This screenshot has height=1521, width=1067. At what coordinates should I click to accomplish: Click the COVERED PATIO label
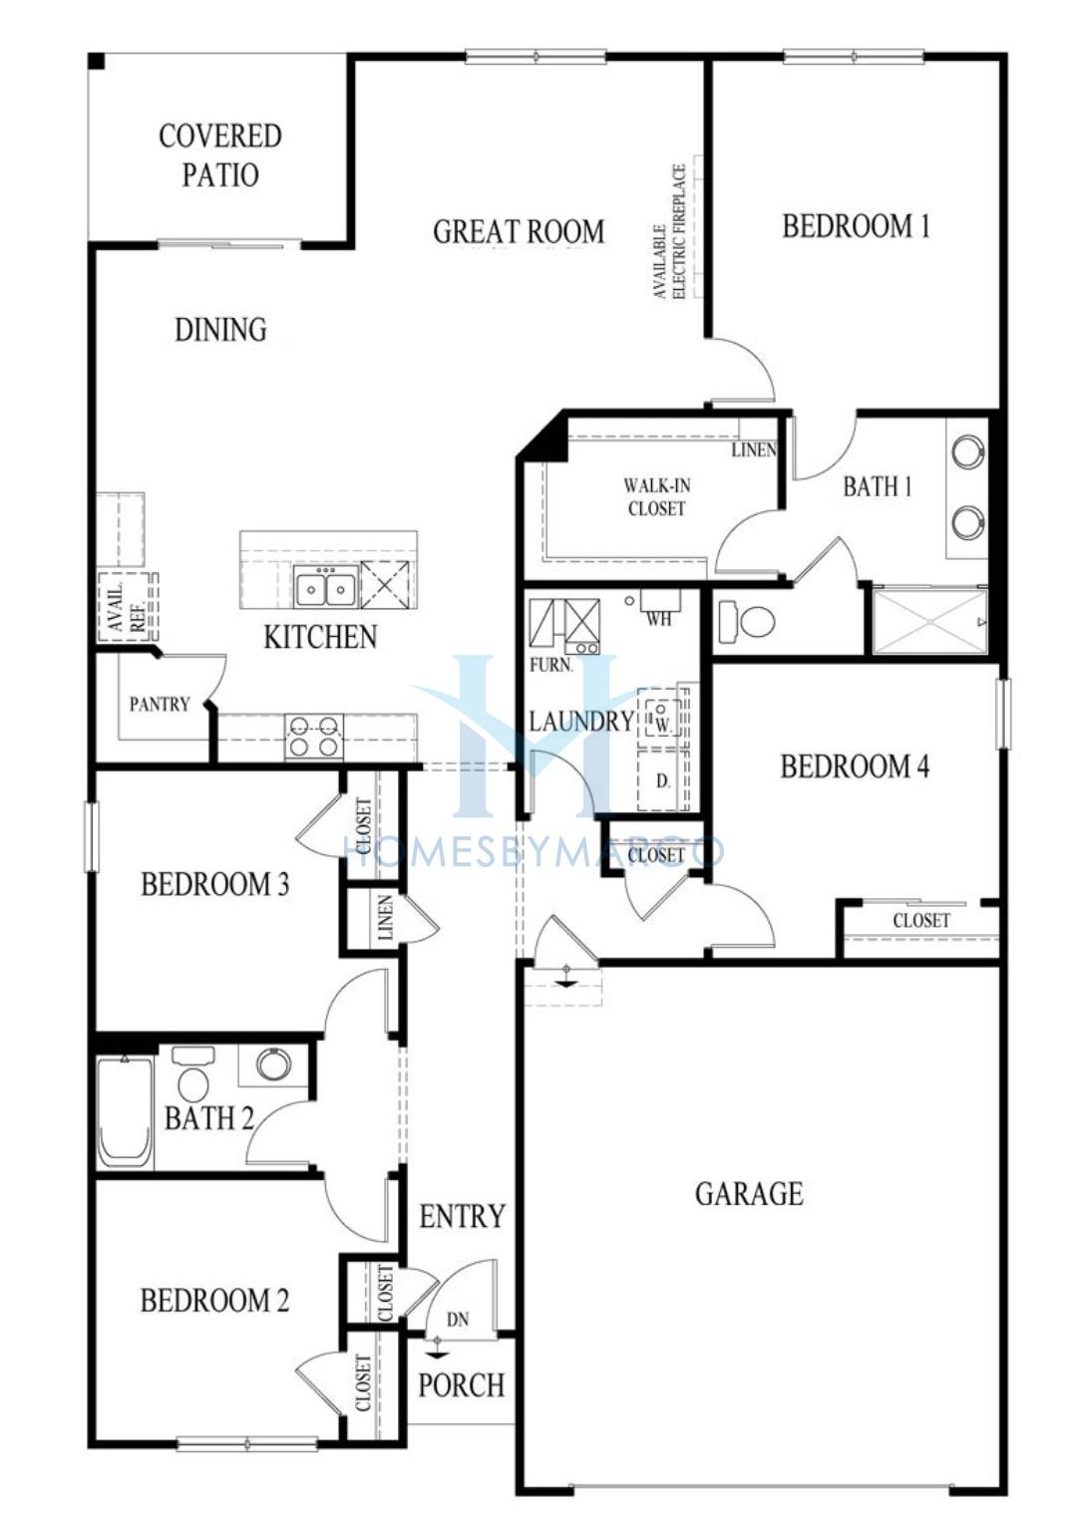[x=220, y=154]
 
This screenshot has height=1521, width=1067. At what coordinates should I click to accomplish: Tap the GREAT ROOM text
[x=519, y=231]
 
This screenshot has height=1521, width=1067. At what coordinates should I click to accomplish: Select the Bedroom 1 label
[x=856, y=226]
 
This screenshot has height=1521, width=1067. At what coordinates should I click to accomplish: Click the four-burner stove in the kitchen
[x=313, y=736]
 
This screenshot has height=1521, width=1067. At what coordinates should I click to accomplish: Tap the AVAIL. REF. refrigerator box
[x=128, y=606]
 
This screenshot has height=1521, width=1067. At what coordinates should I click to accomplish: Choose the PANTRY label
[x=160, y=704]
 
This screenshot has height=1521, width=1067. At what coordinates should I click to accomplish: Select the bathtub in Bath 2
[x=125, y=1111]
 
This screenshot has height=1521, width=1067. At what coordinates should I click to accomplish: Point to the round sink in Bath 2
[x=273, y=1064]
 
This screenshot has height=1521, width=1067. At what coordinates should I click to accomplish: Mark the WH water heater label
[x=659, y=619]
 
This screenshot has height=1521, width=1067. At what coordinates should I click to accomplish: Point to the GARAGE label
[x=749, y=1194]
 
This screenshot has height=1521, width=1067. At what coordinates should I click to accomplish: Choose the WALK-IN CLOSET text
[x=657, y=497]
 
